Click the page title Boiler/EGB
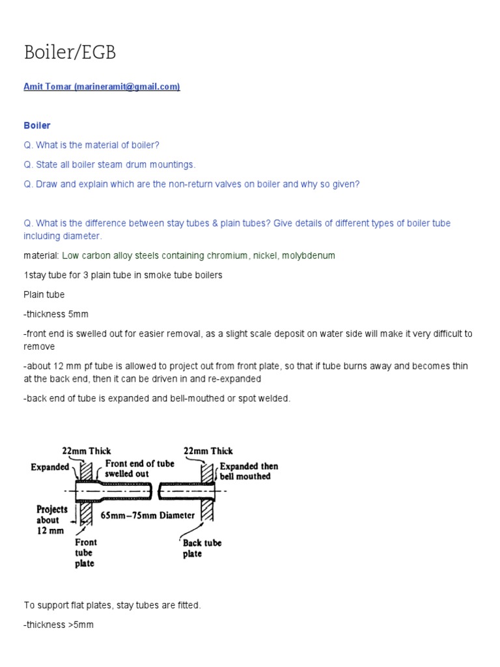pos(70,53)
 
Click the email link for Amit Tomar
pos(102,87)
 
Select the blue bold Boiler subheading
pos(37,125)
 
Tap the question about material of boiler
pos(91,145)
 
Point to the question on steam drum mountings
pos(109,164)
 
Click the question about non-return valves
pos(191,184)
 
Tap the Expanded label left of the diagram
pos(50,467)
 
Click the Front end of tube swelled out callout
pos(139,468)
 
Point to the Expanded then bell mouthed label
pos(248,471)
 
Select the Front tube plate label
pos(85,552)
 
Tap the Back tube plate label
pos(202,548)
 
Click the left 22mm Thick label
pos(86,451)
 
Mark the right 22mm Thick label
pos(208,451)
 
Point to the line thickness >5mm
pos(59,625)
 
